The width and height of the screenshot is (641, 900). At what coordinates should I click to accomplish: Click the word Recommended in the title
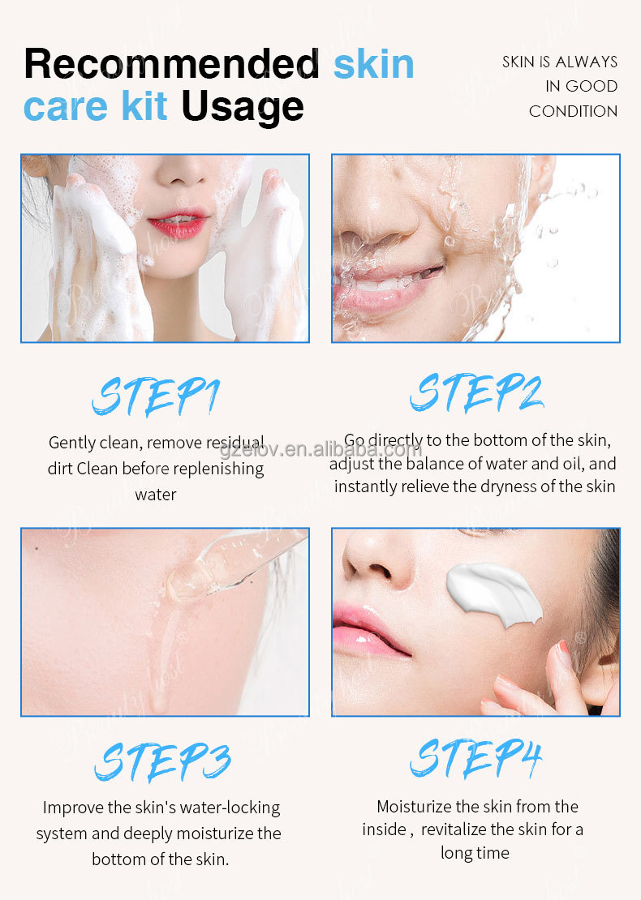tap(171, 63)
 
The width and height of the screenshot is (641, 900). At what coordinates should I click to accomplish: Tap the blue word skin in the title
tap(373, 63)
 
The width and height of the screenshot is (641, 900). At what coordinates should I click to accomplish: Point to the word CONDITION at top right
tap(573, 111)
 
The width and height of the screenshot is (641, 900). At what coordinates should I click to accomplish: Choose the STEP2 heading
tap(475, 392)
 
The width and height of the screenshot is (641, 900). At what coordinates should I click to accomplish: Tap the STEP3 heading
tap(162, 761)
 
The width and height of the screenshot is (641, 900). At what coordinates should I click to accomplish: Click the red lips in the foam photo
tap(177, 224)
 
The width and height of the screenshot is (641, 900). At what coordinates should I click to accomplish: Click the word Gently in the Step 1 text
tap(73, 443)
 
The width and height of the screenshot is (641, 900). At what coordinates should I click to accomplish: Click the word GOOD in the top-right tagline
tap(592, 87)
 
